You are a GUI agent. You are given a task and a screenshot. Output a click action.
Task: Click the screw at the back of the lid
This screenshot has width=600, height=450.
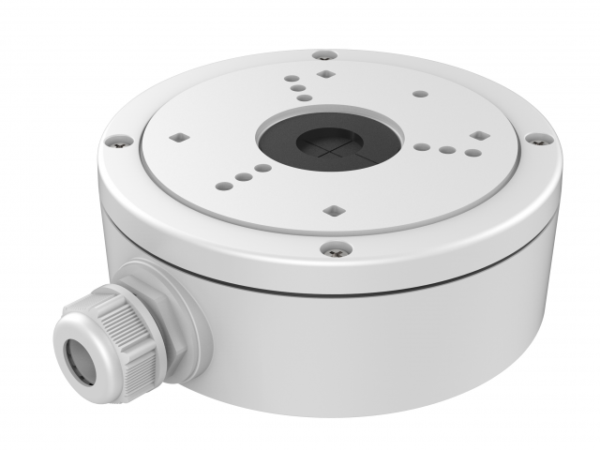coord(323,56)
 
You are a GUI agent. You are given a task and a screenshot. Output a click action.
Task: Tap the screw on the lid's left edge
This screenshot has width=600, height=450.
coord(120,142)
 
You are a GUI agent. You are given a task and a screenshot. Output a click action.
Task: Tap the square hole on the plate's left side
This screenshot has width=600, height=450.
coord(176,137)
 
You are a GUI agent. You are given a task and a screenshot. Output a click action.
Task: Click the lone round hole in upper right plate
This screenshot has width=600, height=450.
coord(419,94)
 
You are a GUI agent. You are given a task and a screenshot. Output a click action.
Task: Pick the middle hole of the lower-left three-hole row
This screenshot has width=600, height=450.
coord(244,174)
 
